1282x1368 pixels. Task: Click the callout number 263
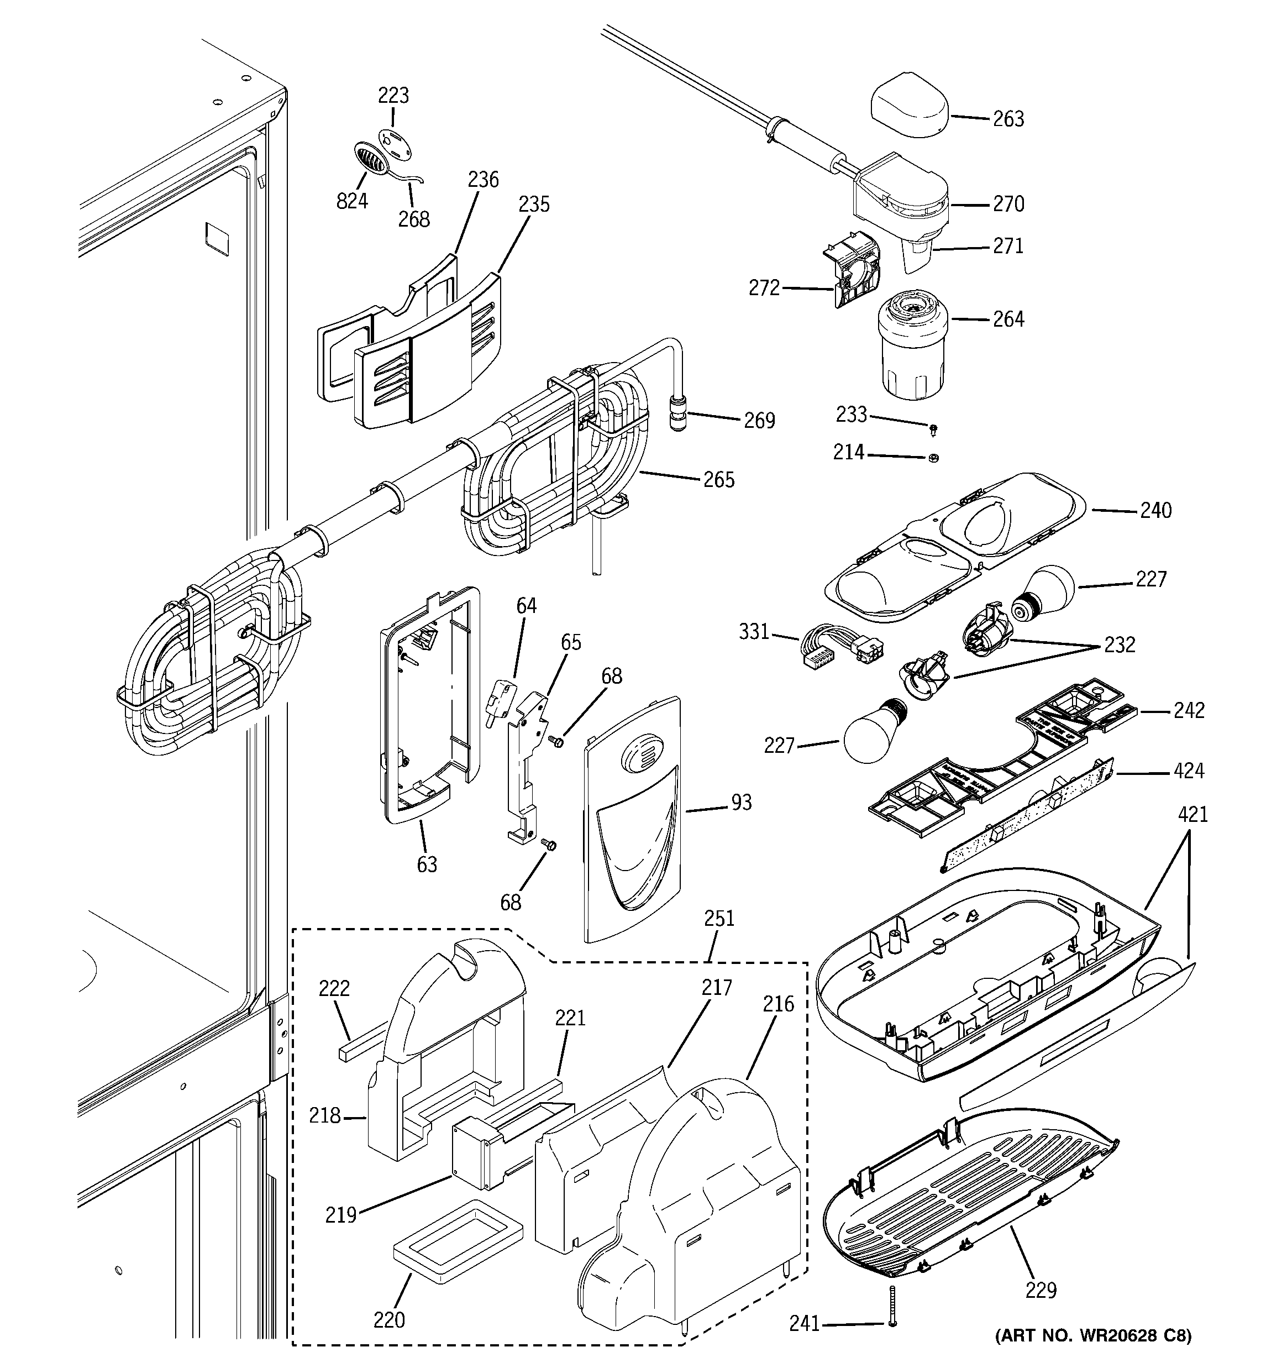coord(1008,119)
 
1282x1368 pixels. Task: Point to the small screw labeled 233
coord(933,430)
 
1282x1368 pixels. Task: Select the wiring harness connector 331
coord(841,648)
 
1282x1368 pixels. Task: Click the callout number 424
coord(1189,771)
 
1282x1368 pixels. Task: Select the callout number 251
coord(719,918)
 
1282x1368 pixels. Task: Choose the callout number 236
coord(483,180)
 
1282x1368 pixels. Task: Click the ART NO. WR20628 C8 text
coord(1093,1335)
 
